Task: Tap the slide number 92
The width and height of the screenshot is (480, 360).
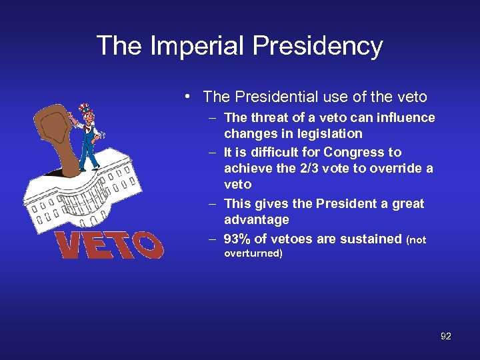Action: (445, 337)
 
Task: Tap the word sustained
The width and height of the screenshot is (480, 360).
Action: (371, 239)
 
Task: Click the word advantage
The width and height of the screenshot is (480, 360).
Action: (257, 219)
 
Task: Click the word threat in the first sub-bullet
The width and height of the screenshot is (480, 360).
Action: (269, 118)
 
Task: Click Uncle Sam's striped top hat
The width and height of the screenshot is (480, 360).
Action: (85, 109)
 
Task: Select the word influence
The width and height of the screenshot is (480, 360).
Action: (407, 118)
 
